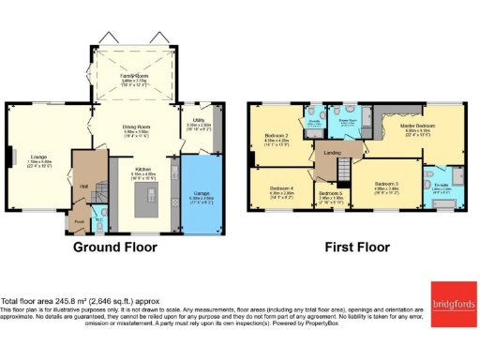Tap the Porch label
click(79, 222)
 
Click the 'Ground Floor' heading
click(116, 247)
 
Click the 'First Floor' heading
click(357, 247)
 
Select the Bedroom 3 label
click(386, 184)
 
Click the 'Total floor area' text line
click(75, 302)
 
